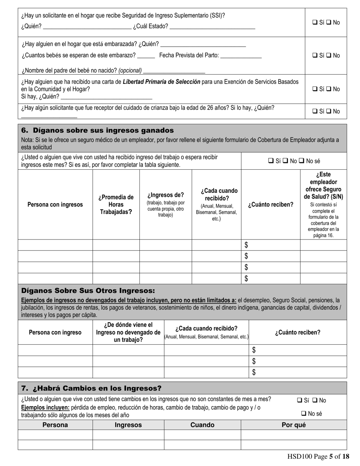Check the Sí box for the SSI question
pyautogui.click(x=315, y=22)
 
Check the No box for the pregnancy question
pyautogui.click(x=329, y=55)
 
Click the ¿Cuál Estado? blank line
pyautogui.click(x=213, y=27)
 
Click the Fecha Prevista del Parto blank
pyautogui.click(x=241, y=55)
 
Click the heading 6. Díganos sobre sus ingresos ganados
pyautogui.click(x=98, y=131)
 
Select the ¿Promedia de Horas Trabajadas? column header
pyautogui.click(x=116, y=205)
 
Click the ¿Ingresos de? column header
pyautogui.click(x=166, y=195)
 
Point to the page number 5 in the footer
pyautogui.click(x=330, y=457)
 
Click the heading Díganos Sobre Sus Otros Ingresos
pyautogui.click(x=88, y=291)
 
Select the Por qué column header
pyautogui.click(x=294, y=425)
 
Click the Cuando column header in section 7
pyautogui.click(x=202, y=425)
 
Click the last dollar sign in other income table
pyautogui.click(x=254, y=372)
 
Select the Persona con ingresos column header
pyautogui.click(x=55, y=205)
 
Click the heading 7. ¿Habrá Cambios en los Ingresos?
pyautogui.click(x=91, y=388)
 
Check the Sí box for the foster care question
pyautogui.click(x=315, y=111)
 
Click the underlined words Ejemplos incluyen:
pyautogui.click(x=45, y=408)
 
